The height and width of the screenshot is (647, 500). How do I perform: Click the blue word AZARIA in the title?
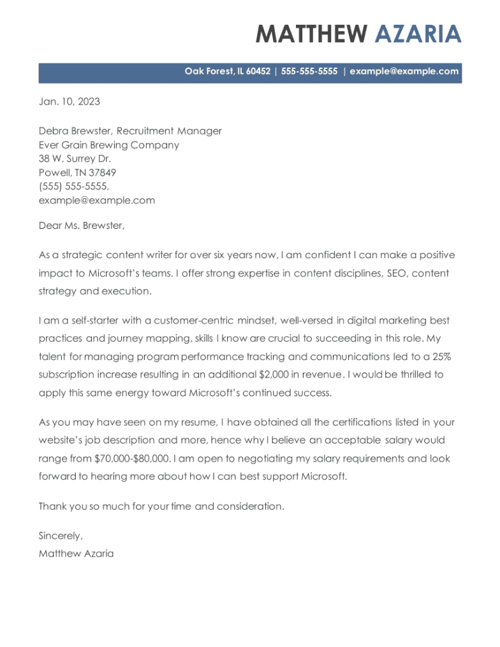pyautogui.click(x=418, y=33)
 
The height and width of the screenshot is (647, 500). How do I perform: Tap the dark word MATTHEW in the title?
pyautogui.click(x=312, y=33)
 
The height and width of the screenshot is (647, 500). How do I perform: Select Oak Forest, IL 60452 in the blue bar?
pyautogui.click(x=228, y=71)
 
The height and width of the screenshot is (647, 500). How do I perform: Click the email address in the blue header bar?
pyautogui.click(x=404, y=71)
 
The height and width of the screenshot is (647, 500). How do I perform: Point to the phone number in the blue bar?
pyautogui.click(x=309, y=71)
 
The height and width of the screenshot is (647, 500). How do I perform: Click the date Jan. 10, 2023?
pyautogui.click(x=70, y=101)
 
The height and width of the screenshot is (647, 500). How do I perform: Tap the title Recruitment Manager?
pyautogui.click(x=169, y=131)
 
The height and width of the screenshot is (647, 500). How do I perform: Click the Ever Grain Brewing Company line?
pyautogui.click(x=109, y=145)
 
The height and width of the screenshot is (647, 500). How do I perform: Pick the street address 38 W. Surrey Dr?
pyautogui.click(x=75, y=159)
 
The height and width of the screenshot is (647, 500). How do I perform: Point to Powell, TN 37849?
pyautogui.click(x=77, y=173)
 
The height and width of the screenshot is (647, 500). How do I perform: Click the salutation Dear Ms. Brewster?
pyautogui.click(x=82, y=226)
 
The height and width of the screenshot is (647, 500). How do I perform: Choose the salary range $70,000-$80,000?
pyautogui.click(x=132, y=458)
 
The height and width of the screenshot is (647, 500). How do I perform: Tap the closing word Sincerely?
pyautogui.click(x=61, y=536)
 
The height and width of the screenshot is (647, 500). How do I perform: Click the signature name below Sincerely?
pyautogui.click(x=76, y=553)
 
